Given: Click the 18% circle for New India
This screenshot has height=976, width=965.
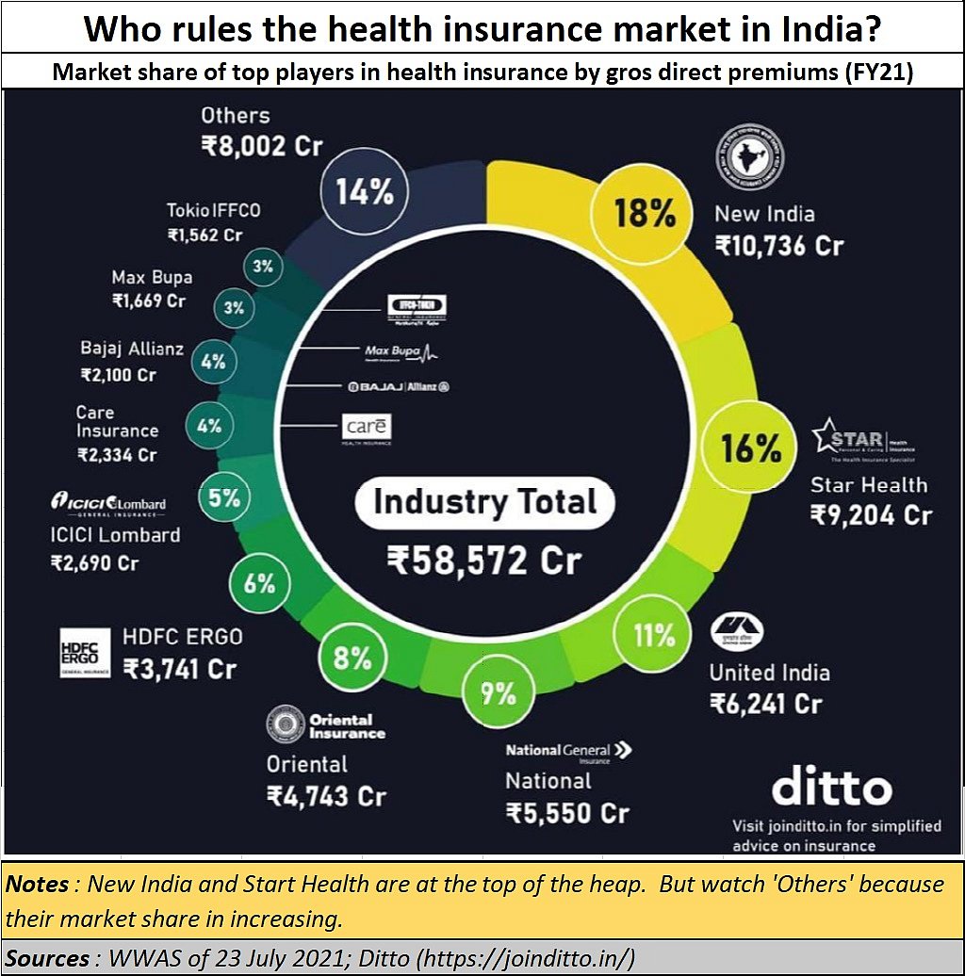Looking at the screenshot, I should point(646,213).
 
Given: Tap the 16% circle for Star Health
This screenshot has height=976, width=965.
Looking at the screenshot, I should point(751,448).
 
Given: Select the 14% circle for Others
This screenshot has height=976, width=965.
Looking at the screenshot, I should point(366,194).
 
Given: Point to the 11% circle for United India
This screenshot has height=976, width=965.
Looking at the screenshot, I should point(655,635).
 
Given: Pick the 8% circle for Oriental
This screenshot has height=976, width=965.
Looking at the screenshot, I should point(353,658).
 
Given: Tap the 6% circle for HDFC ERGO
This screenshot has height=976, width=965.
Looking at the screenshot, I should point(259,583).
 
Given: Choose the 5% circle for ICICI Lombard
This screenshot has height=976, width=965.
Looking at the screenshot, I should point(225,497).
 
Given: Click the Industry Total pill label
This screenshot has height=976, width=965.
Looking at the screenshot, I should point(485,501).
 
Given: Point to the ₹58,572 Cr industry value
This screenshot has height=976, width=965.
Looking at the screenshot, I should point(484,561).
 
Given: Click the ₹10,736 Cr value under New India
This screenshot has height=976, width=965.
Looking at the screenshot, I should point(778,246).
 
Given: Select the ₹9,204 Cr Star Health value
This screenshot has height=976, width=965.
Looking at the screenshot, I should point(871,516).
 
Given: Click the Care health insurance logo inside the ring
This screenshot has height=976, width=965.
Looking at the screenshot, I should point(366,429).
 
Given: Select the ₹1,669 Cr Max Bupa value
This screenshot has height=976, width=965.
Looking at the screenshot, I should point(149,301).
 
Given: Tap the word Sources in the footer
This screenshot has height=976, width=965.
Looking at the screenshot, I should point(48,959).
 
